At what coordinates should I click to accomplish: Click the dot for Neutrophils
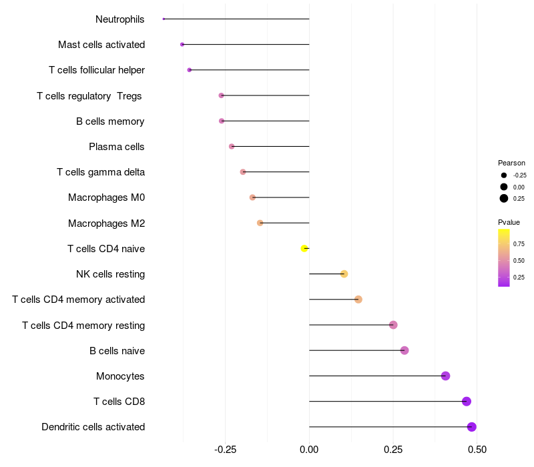(x=164, y=19)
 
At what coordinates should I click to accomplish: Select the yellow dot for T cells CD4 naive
(x=304, y=248)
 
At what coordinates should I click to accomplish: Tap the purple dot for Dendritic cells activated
(x=472, y=427)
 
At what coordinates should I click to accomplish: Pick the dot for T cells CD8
(x=467, y=401)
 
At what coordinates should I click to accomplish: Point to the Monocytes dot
(x=446, y=376)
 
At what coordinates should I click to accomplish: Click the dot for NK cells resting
(x=344, y=274)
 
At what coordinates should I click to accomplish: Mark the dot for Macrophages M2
(x=260, y=223)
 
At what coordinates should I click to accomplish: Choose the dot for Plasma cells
(x=232, y=146)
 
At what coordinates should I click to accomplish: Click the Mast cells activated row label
(x=101, y=45)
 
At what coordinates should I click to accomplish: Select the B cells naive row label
(x=117, y=351)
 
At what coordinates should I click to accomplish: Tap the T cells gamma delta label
(x=101, y=172)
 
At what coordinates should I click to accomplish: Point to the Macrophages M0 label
(x=106, y=197)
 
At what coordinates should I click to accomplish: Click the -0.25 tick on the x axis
(x=225, y=450)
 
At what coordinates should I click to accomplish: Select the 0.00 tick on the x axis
(x=309, y=450)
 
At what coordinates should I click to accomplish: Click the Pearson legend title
(x=511, y=163)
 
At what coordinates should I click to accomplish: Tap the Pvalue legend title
(x=509, y=222)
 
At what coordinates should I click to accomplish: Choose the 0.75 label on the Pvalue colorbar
(x=519, y=244)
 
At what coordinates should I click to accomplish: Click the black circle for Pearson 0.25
(x=504, y=198)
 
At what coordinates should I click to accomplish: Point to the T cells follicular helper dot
(x=190, y=70)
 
